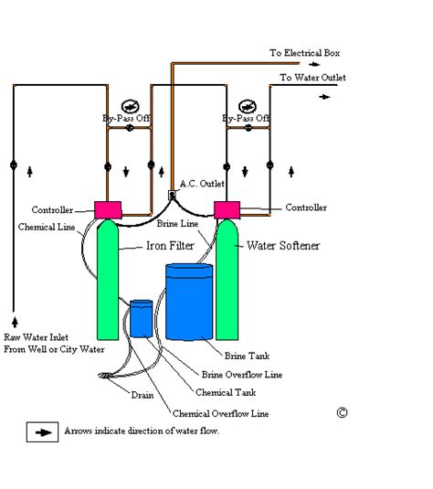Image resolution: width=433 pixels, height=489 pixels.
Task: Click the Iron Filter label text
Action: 170,246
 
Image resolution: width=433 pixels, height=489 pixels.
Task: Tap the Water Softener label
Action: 283,246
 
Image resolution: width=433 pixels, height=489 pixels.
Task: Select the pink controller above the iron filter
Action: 108,210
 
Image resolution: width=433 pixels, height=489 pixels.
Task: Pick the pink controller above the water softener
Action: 227,210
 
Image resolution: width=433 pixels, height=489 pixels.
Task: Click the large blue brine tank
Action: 189,302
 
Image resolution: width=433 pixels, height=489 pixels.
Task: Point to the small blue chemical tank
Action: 142,319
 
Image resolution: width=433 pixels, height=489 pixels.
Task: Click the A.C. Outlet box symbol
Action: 172,196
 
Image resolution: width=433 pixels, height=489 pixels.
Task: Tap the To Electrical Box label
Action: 305,53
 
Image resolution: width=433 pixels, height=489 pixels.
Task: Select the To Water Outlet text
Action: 312,78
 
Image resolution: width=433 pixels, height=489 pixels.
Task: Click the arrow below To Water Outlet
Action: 324,97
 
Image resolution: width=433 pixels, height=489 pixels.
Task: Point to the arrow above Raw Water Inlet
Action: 15,322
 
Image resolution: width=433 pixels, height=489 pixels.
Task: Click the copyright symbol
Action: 342,413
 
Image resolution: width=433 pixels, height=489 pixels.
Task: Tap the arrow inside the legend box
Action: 43,432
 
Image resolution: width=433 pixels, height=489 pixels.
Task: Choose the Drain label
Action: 143,395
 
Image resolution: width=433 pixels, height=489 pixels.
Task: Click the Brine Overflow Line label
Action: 242,375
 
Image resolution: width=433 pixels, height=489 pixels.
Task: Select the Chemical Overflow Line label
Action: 221,413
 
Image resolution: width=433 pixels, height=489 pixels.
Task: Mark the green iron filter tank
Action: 108,280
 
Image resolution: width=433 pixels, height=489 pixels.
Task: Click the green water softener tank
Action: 227,280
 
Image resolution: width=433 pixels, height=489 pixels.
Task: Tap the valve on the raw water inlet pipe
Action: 14,165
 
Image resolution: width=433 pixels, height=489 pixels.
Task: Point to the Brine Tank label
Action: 247,356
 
